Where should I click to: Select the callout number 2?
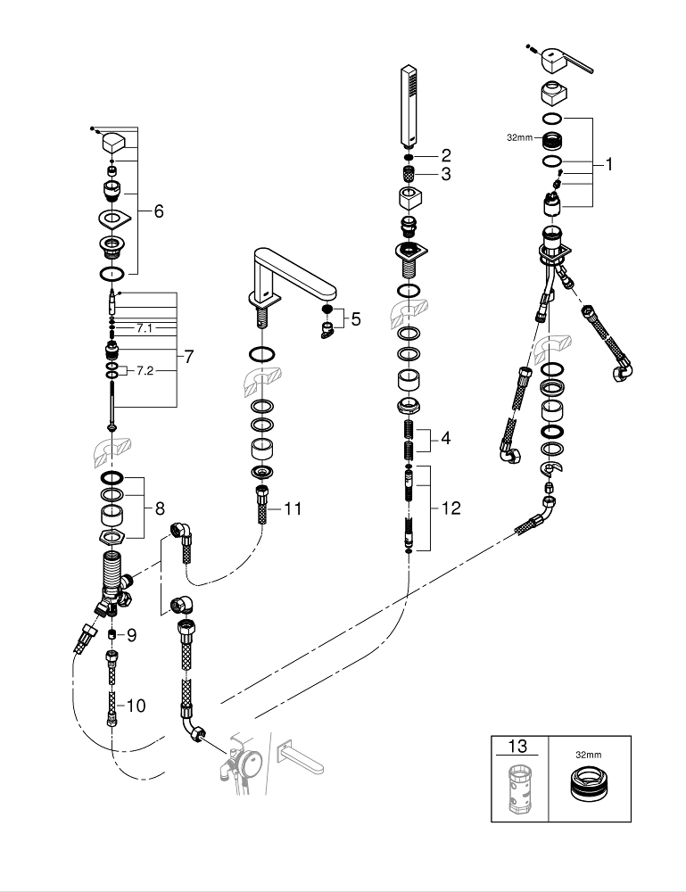tap(446, 155)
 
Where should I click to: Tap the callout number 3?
tap(446, 174)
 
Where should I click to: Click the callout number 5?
tap(355, 318)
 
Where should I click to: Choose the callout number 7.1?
tap(145, 328)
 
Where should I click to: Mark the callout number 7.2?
tap(144, 370)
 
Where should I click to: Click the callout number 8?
tap(159, 509)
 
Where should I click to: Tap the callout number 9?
tap(130, 635)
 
